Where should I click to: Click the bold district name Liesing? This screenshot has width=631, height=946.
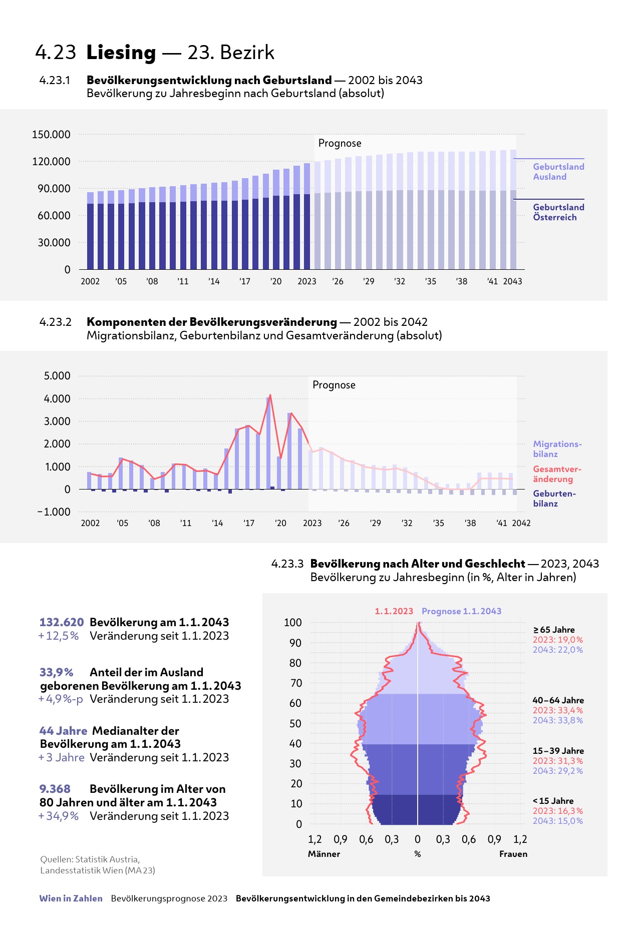(121, 53)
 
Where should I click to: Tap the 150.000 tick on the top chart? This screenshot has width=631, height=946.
(51, 135)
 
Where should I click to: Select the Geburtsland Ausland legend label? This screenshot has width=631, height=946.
(558, 172)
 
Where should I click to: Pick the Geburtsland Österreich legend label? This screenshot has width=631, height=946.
(558, 212)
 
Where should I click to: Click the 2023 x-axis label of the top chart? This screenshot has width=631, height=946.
(306, 281)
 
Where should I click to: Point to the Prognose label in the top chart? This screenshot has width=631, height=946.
(340, 144)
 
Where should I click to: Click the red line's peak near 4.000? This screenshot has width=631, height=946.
(270, 395)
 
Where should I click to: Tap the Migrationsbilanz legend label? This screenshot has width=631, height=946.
(557, 449)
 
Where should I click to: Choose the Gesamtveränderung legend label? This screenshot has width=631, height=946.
(557, 474)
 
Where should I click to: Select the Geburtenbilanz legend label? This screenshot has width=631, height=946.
(554, 499)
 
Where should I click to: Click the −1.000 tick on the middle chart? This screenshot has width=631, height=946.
(54, 512)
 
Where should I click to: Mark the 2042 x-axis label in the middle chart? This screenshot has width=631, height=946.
(521, 523)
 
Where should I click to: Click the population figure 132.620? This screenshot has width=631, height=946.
(62, 622)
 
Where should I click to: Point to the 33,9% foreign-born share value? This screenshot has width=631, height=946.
(56, 672)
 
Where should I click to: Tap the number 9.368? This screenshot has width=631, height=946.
(55, 789)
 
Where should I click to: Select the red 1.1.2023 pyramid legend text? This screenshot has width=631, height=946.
(394, 611)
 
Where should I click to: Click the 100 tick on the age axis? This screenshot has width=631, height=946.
(293, 623)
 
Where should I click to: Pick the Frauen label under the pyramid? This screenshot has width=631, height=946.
(513, 854)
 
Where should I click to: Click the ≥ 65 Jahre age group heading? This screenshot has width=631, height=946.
(554, 630)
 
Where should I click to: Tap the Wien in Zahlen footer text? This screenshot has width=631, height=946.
(71, 898)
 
